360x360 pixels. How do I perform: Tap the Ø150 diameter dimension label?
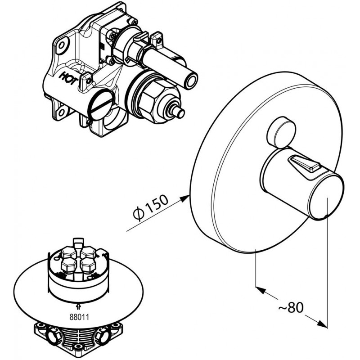click(151, 207)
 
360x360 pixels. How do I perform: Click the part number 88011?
click(79, 317)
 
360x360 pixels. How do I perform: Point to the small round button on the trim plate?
click(281, 132)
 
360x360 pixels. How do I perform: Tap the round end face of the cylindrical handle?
click(325, 198)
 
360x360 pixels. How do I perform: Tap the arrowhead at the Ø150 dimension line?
click(184, 198)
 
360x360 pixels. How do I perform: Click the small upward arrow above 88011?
click(78, 306)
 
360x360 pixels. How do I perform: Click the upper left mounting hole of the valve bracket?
click(62, 45)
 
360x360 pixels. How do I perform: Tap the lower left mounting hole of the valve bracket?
click(61, 112)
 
